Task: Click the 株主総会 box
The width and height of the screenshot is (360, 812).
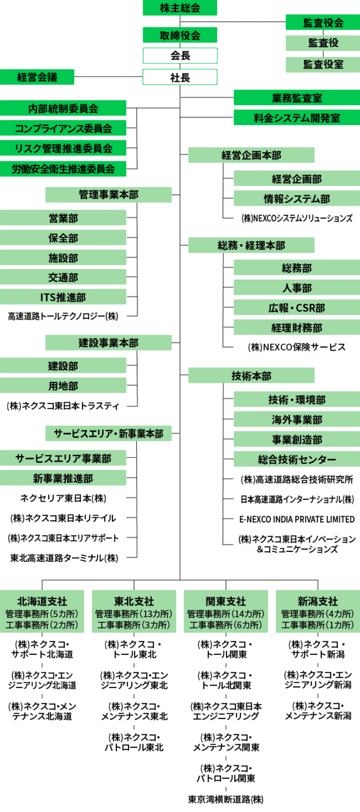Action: [180, 8]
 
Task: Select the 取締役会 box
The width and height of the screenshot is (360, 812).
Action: [180, 35]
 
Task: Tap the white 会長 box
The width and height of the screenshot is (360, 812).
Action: [180, 56]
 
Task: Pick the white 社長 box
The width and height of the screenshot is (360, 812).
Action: [180, 77]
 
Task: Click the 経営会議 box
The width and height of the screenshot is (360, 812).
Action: [37, 77]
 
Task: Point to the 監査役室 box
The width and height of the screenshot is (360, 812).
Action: [323, 65]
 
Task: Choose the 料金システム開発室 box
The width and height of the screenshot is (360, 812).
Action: [297, 118]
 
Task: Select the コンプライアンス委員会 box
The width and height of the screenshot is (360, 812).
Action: [63, 128]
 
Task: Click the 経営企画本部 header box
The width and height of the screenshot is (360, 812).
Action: [251, 155]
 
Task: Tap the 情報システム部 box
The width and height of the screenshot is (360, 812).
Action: [297, 199]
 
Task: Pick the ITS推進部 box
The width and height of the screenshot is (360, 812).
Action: [63, 297]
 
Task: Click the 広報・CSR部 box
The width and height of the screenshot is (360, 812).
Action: [297, 308]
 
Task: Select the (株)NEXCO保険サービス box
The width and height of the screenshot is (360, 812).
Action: [297, 347]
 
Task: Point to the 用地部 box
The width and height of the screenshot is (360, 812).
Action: [63, 386]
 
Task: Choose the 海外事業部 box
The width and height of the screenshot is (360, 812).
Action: [297, 419]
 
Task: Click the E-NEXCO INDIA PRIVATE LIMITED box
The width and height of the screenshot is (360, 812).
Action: [297, 519]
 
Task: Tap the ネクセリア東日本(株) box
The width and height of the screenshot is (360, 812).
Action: [63, 498]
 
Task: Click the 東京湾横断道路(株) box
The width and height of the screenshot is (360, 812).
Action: [226, 799]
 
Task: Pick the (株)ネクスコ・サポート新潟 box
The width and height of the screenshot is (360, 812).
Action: [318, 650]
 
